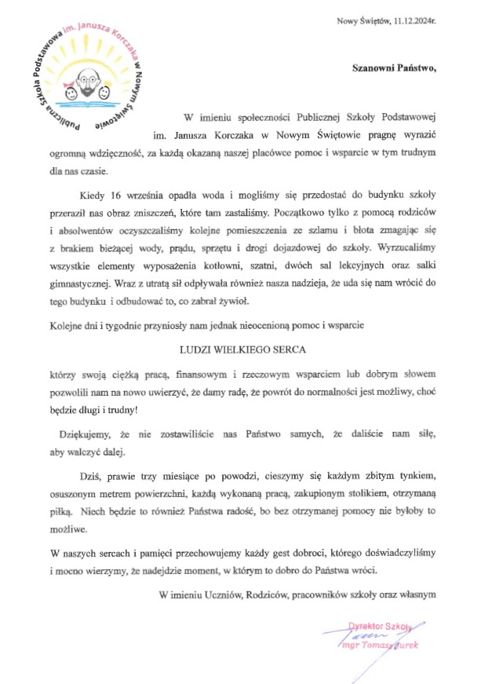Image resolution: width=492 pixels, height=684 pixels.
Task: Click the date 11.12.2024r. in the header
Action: tap(410, 20)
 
